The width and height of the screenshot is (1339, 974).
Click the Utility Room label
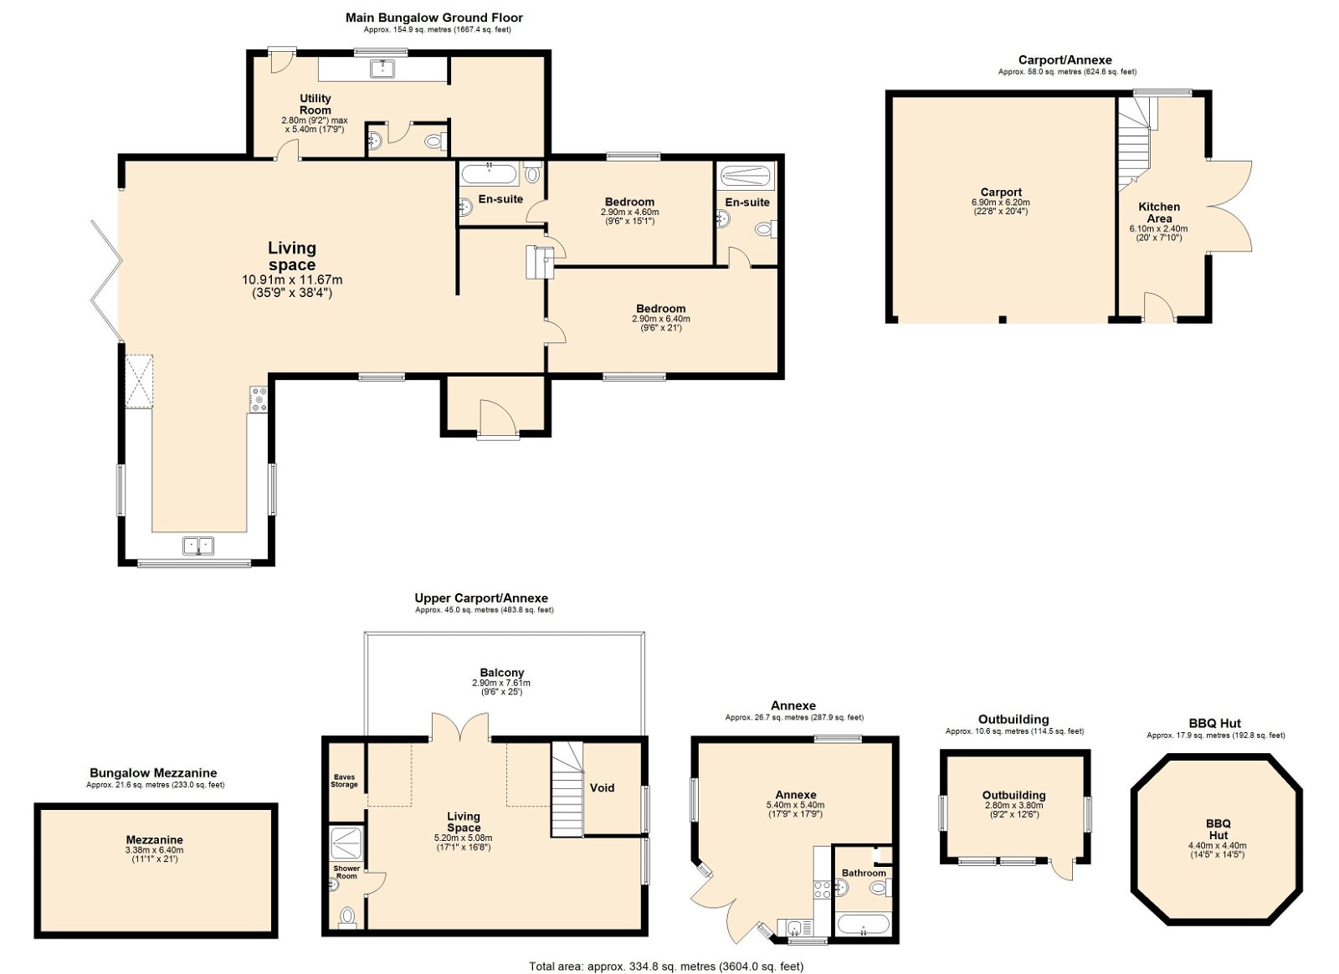click(315, 104)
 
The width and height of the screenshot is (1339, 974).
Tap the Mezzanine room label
click(154, 839)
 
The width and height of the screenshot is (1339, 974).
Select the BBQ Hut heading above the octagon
click(1215, 724)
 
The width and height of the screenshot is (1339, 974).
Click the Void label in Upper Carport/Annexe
click(602, 787)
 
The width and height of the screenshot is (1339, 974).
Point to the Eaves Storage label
click(344, 781)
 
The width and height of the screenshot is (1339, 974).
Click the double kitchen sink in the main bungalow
click(198, 546)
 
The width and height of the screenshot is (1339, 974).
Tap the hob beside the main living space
click(259, 399)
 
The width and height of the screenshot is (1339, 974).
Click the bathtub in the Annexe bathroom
click(864, 925)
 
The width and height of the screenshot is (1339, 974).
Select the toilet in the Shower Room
click(346, 916)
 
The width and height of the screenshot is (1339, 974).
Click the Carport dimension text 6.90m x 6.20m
click(1001, 202)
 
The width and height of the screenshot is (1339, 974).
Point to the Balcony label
click(501, 673)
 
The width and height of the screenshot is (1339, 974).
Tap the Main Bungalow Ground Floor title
click(434, 18)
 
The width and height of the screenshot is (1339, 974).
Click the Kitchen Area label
click(1158, 213)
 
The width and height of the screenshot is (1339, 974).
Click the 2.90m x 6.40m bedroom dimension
click(660, 319)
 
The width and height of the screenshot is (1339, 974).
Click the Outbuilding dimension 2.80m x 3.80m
click(1013, 806)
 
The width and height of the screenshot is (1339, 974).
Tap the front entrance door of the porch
click(496, 418)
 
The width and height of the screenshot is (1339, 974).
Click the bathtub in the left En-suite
click(490, 175)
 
